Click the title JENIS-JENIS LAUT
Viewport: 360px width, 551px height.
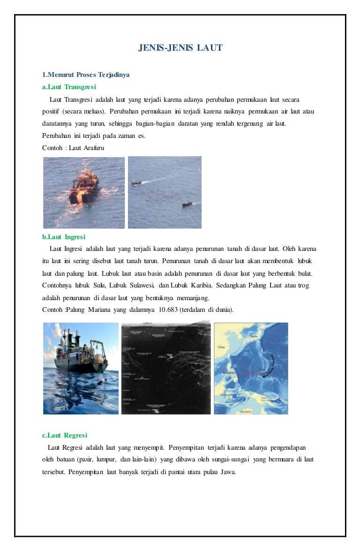[x=180, y=48]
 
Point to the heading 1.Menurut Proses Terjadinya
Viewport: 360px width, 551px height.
[x=86, y=75]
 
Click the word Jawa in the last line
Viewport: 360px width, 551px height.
[x=227, y=472]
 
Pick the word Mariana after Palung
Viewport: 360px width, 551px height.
[x=102, y=309]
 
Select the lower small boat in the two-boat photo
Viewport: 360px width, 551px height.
[x=187, y=204]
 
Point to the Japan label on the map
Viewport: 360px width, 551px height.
[x=255, y=336]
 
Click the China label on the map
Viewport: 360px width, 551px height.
[x=221, y=347]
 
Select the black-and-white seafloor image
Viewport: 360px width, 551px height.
[x=166, y=368]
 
